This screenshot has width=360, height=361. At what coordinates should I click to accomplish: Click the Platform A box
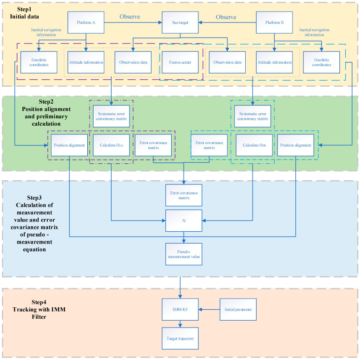pos(86,21)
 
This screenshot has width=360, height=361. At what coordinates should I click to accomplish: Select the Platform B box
pos(274,21)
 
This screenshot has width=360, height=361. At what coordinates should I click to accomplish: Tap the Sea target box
pos(180,21)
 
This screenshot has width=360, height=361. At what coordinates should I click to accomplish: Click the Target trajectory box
pos(180,339)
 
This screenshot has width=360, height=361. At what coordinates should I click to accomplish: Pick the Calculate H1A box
pos(111,145)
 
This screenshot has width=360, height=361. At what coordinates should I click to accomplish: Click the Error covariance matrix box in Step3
pos(184,195)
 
